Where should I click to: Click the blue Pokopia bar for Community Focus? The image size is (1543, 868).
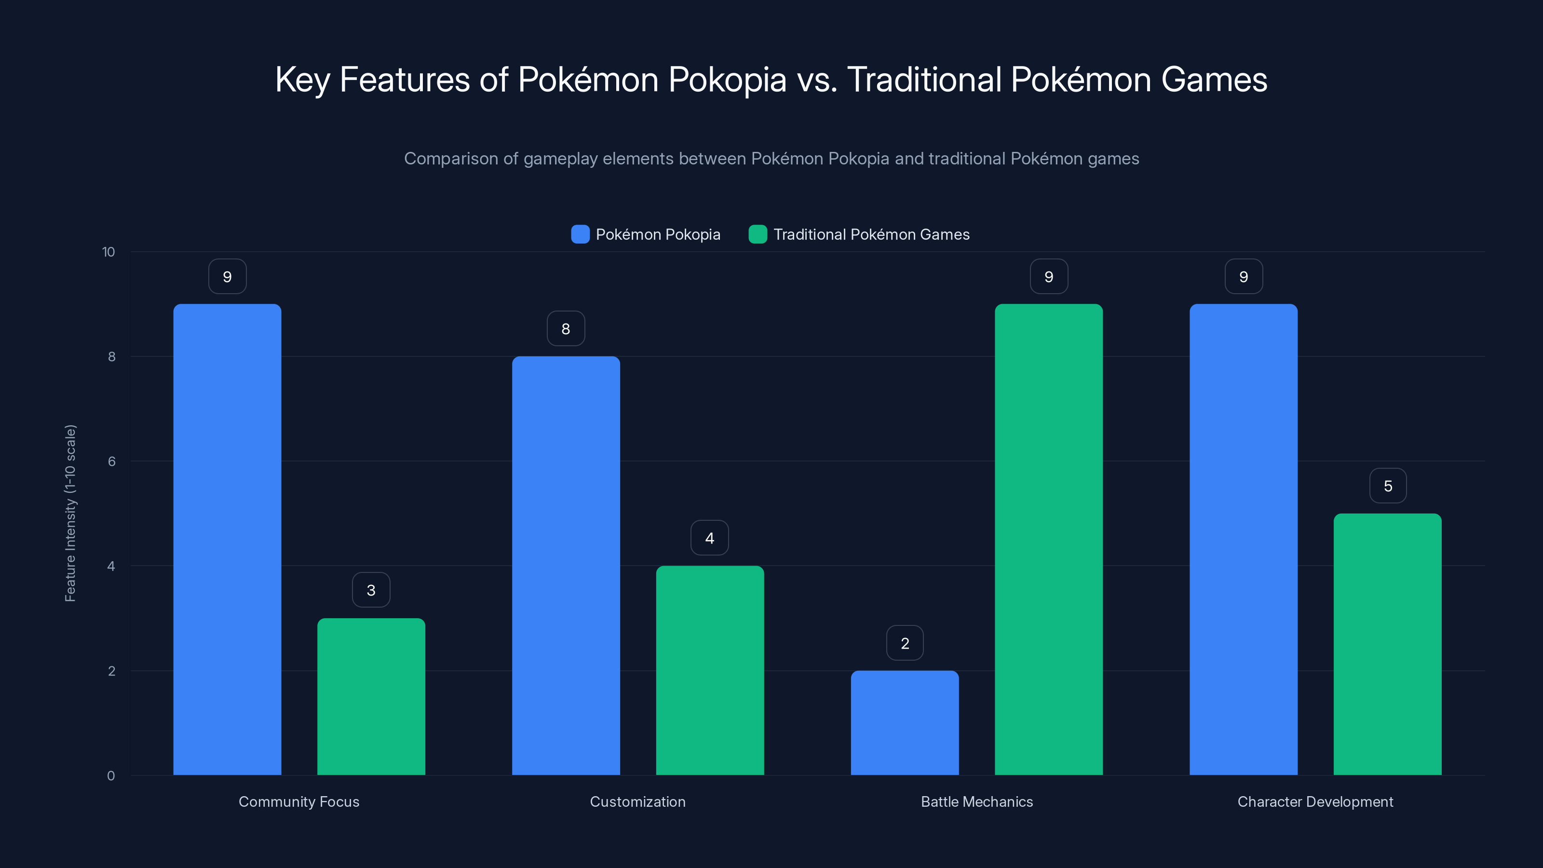pos(227,539)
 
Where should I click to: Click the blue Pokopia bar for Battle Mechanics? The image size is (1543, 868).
pos(905,722)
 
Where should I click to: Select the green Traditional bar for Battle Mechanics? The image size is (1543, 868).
pos(1048,539)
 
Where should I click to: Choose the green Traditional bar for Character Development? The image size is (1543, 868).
pos(1387,644)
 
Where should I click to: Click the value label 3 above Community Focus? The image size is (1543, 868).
pos(371,590)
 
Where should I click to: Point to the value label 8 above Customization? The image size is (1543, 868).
pos(566,328)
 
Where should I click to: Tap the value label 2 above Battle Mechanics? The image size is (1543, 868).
pos(905,643)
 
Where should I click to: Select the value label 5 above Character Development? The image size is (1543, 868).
pos(1388,486)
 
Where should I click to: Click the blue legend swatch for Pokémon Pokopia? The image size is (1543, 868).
pos(580,234)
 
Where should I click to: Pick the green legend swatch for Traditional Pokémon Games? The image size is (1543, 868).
pos(758,234)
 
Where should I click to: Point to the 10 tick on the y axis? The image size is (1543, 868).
pos(108,252)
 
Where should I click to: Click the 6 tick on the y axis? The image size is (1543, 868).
pos(111,461)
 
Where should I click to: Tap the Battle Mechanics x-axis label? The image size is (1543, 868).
pos(976,801)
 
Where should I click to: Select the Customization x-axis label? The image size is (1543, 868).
pos(637,801)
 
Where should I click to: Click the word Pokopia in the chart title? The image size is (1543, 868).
pos(727,80)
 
